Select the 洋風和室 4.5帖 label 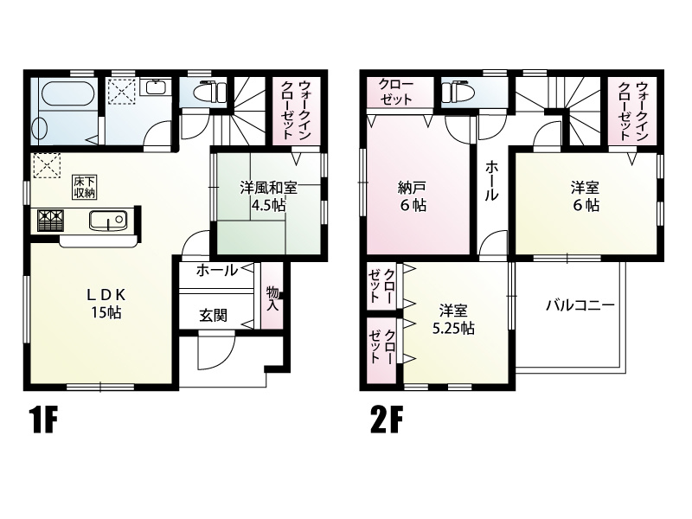[268, 195]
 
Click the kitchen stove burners [50, 221]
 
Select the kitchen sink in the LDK [108, 221]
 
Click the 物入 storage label [272, 299]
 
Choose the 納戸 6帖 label [412, 196]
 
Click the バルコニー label [580, 305]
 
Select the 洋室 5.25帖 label [453, 319]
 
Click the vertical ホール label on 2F [490, 182]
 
